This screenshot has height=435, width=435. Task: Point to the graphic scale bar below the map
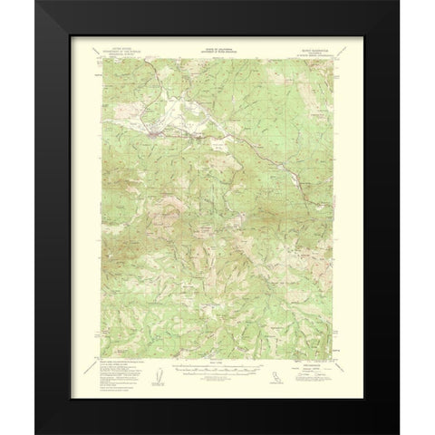[217, 368]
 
